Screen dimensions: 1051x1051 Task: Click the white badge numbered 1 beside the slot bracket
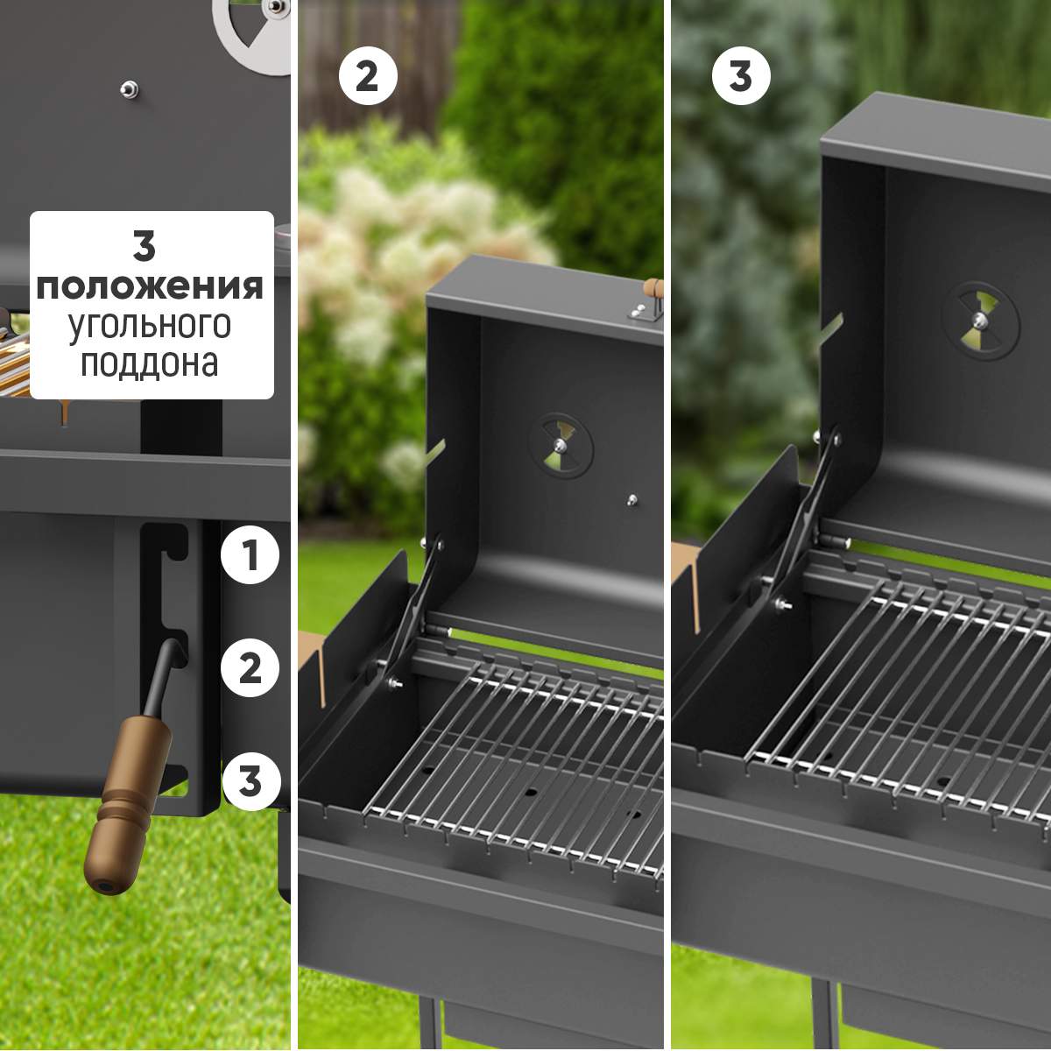pyautogui.click(x=250, y=555)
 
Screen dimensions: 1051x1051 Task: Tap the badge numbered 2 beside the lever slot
pyautogui.click(x=250, y=667)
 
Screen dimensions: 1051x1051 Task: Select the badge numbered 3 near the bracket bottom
pyautogui.click(x=250, y=780)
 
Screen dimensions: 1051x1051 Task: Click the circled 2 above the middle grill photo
pyautogui.click(x=368, y=76)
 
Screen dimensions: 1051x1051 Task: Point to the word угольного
pyautogui.click(x=150, y=326)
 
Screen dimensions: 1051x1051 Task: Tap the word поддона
pyautogui.click(x=150, y=363)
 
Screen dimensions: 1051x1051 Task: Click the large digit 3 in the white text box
pyautogui.click(x=145, y=246)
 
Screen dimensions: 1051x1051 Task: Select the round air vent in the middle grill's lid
pyautogui.click(x=561, y=446)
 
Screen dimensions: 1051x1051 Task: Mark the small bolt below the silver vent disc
pyautogui.click(x=130, y=89)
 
